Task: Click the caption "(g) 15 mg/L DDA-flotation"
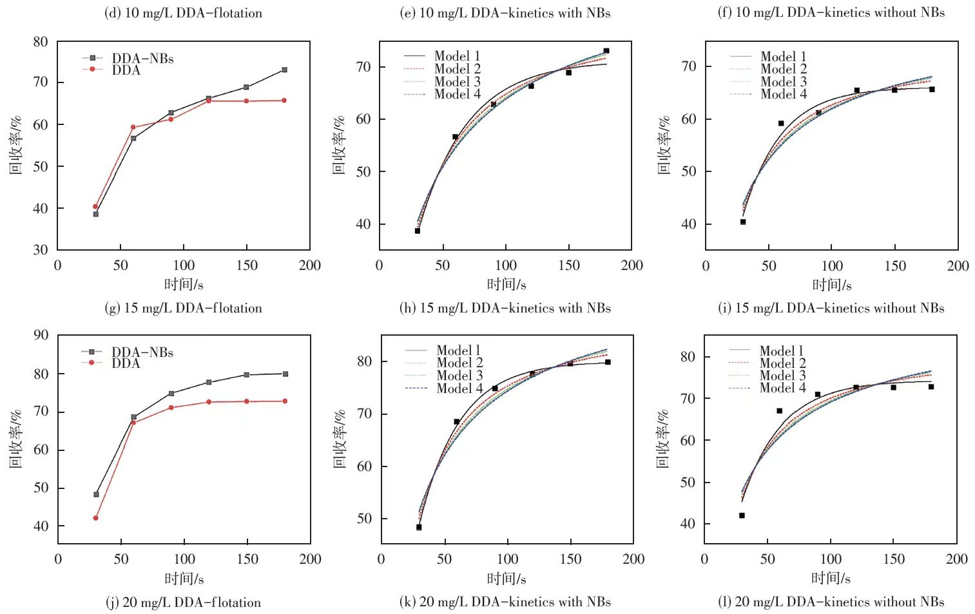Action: [183, 308]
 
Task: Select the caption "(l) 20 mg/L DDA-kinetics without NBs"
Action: [831, 602]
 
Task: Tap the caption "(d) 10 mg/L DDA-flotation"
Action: [183, 13]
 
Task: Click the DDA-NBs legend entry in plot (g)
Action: [142, 59]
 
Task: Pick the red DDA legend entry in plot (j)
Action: [125, 363]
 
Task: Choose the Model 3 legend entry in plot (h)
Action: [457, 82]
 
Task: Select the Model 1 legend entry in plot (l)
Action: [782, 351]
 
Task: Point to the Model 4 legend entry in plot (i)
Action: [783, 94]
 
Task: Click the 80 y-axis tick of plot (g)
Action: [41, 42]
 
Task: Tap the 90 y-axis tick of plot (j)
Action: [41, 335]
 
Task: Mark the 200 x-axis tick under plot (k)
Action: [633, 559]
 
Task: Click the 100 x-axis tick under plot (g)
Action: [184, 265]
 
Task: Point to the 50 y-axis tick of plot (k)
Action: [364, 519]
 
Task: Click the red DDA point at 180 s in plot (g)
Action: [284, 101]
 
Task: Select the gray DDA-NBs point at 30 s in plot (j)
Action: [97, 495]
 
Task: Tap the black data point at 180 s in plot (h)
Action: [606, 51]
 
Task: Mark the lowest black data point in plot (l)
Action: [742, 515]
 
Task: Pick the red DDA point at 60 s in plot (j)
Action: [133, 423]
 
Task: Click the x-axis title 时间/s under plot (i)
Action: [831, 285]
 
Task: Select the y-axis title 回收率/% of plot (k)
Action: [340, 438]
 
